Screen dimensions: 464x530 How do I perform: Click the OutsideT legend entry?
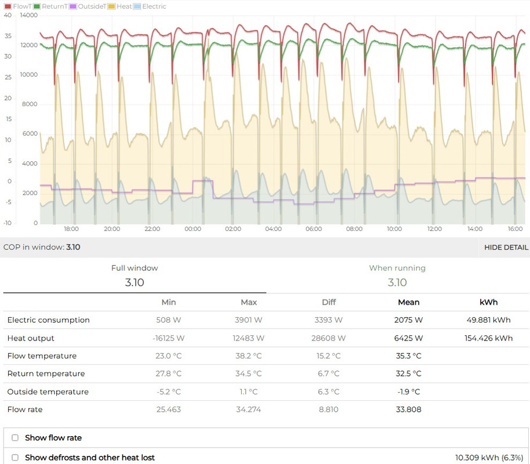tap(88, 6)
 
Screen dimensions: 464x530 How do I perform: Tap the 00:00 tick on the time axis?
tap(193, 229)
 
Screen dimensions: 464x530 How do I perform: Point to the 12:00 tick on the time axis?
tap(434, 229)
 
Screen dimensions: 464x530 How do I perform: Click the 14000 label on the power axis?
tap(28, 15)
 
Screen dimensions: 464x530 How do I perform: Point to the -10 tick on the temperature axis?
tap(8, 223)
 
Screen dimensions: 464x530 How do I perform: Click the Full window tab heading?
tap(135, 269)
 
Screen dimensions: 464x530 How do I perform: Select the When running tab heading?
tap(397, 269)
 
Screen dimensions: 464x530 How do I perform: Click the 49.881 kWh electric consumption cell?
tap(488, 320)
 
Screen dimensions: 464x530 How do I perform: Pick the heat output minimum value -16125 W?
tap(169, 338)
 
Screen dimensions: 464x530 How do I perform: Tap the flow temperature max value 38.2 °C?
tap(249, 356)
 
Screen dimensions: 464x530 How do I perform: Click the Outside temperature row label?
tap(48, 392)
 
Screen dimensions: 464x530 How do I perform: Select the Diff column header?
tap(329, 302)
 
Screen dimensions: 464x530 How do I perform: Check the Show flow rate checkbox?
tap(15, 438)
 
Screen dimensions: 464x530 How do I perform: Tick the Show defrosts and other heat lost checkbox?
tap(15, 458)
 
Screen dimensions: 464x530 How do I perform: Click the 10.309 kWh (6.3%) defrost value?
tap(490, 458)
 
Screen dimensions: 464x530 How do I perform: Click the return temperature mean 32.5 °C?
tap(409, 374)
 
